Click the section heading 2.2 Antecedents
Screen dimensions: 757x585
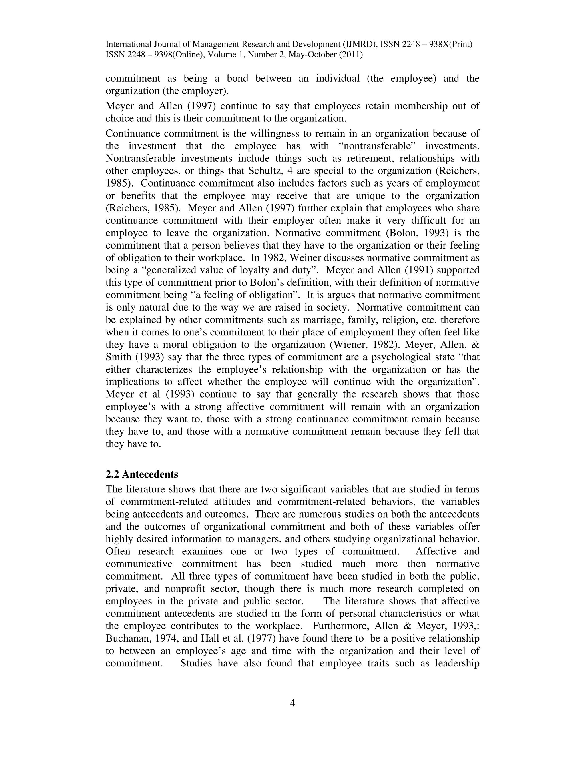[x=142, y=474]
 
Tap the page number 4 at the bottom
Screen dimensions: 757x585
[x=292, y=703]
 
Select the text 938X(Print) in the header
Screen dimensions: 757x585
[x=450, y=44]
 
